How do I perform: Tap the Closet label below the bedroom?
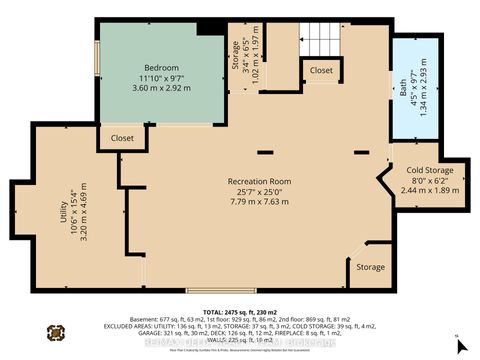(122, 138)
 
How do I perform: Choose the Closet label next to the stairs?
(321, 71)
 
